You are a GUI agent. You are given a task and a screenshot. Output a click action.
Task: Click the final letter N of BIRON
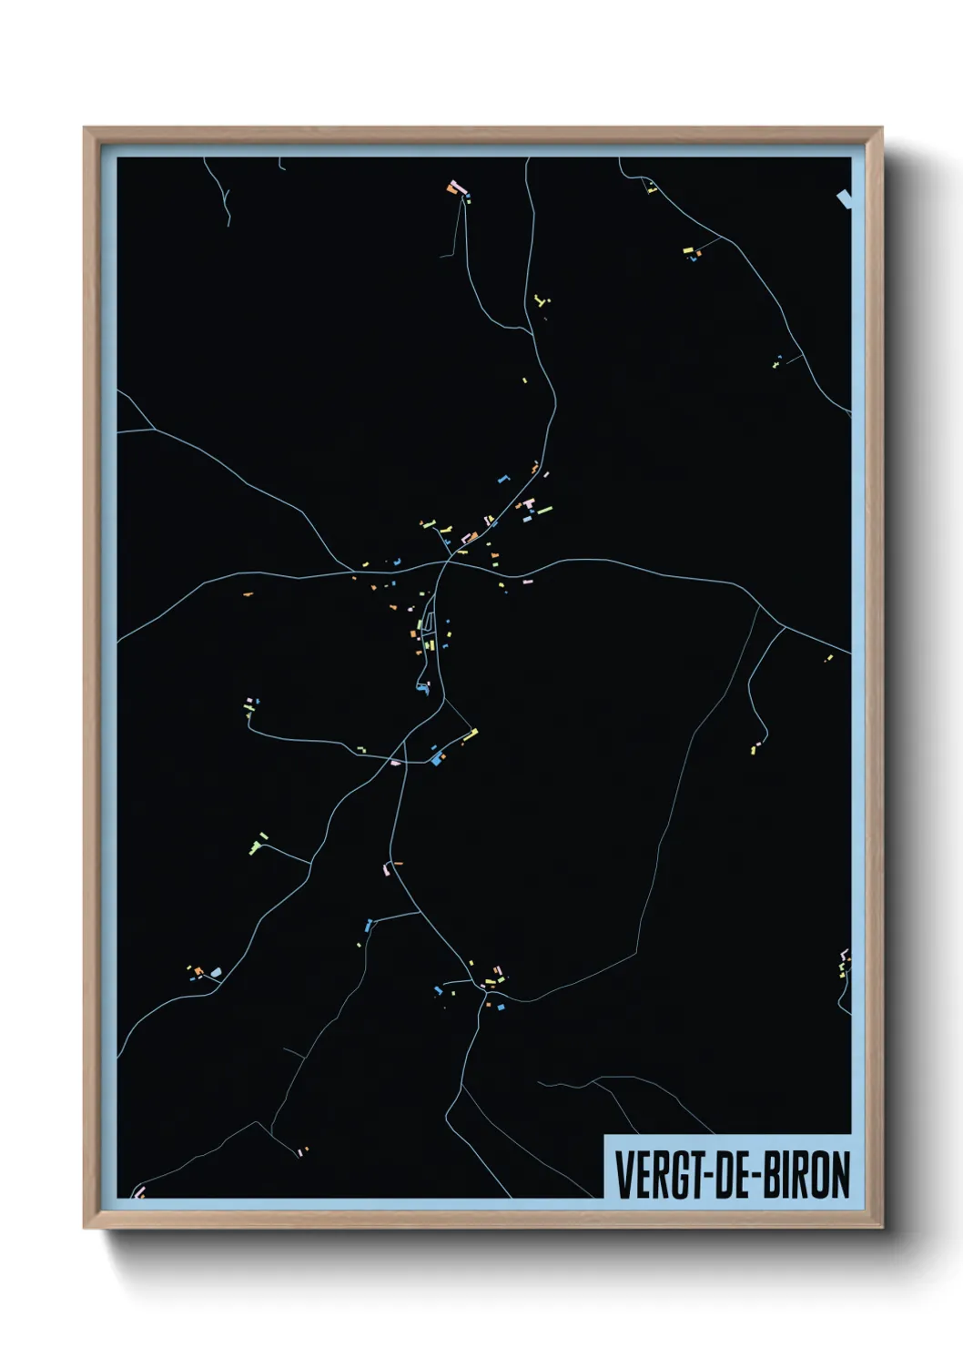[x=840, y=1175]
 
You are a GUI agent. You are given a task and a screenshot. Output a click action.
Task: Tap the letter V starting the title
[x=623, y=1175]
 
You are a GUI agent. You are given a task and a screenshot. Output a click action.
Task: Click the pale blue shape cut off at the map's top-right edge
[x=845, y=197]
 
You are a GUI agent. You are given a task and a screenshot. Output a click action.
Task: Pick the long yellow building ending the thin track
[x=470, y=734]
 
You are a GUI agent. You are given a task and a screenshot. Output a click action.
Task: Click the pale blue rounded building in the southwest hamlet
[x=216, y=972]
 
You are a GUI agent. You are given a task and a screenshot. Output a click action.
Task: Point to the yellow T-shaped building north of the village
[x=540, y=299]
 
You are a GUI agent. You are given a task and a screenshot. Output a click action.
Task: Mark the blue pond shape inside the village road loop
[x=422, y=687]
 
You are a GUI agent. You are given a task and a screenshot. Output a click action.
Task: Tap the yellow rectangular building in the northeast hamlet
[x=688, y=248]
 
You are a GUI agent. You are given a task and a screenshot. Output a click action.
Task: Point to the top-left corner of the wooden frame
[x=85, y=128]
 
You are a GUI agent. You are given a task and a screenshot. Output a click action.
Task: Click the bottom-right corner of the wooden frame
[x=882, y=1228]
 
